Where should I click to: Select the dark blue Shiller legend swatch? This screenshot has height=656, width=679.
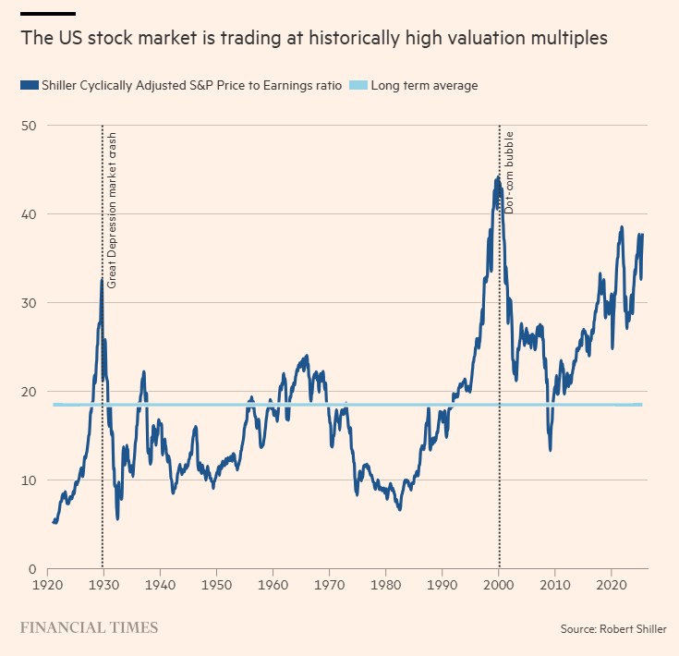click(x=29, y=86)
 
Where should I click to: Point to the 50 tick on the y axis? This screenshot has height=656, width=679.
click(x=28, y=125)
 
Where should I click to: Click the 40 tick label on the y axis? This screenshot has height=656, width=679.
click(x=28, y=213)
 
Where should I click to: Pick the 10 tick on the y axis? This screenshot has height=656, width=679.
click(x=28, y=480)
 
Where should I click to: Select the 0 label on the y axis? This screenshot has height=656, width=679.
click(x=31, y=568)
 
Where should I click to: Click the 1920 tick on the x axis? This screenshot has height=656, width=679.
click(x=46, y=586)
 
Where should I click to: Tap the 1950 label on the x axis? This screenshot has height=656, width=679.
click(x=216, y=586)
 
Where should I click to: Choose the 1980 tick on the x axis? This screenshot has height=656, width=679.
click(x=385, y=586)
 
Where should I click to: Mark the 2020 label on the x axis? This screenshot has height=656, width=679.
click(x=612, y=586)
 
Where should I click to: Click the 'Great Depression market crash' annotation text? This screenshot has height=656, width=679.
click(x=112, y=211)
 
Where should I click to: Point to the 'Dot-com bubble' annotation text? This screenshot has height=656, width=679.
click(x=508, y=174)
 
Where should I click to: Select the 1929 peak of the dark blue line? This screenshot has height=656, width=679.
click(x=102, y=279)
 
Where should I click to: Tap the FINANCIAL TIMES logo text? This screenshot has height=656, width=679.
click(x=89, y=627)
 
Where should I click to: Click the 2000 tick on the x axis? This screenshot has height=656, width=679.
click(x=499, y=586)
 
